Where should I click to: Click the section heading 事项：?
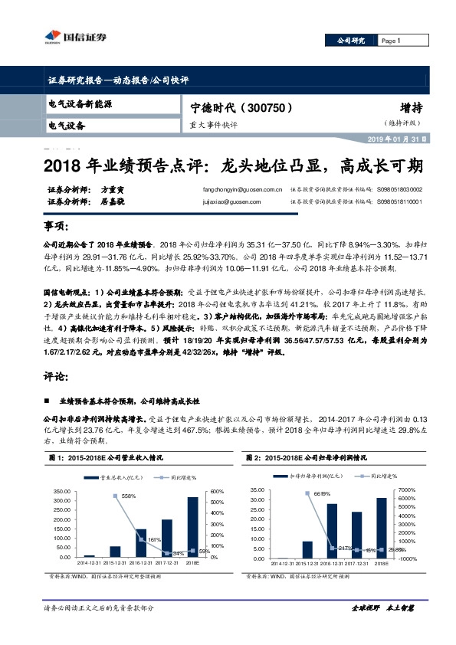[x=57, y=228]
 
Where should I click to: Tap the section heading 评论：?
[x=57, y=376]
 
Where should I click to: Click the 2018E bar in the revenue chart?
[x=192, y=526]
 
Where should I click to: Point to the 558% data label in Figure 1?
[x=129, y=496]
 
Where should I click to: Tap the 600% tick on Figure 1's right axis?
[x=217, y=491]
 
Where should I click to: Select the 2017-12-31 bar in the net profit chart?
[x=356, y=534]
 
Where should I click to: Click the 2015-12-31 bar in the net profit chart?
[x=307, y=548]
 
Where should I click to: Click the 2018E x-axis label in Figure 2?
[x=381, y=562]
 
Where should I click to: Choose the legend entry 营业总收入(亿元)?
[x=122, y=476]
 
